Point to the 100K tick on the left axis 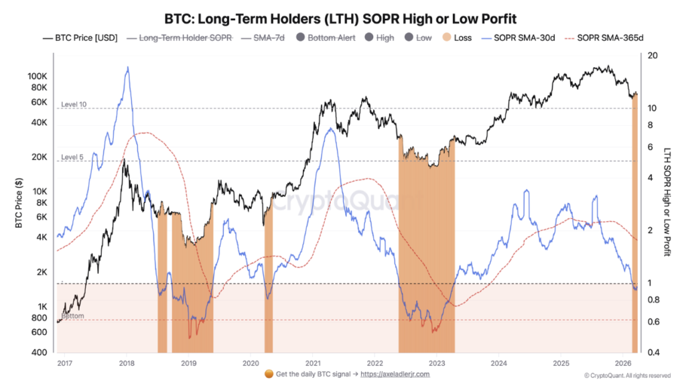(37, 76)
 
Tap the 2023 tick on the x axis (437, 363)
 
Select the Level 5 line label (72, 157)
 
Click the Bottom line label (72, 316)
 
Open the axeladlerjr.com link (395, 374)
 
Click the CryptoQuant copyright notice (627, 375)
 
